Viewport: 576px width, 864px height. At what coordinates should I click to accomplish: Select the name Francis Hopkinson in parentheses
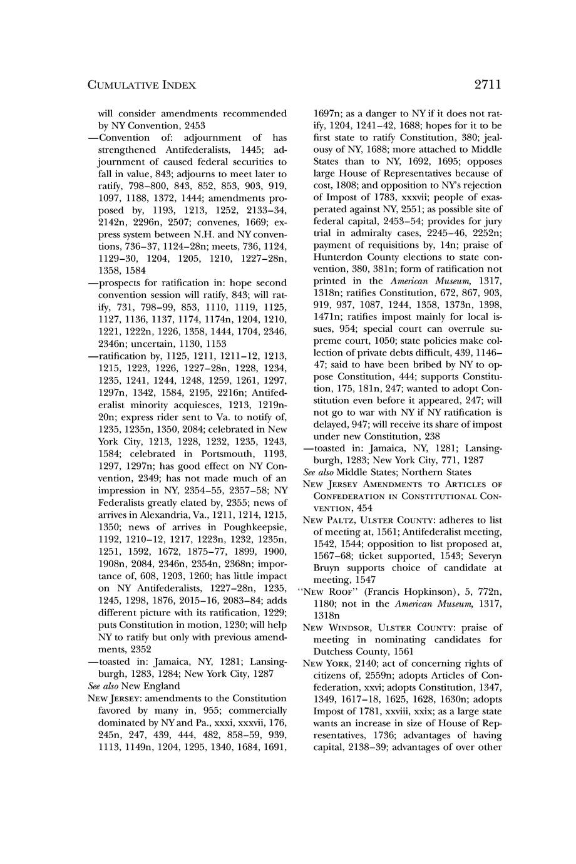click(406, 592)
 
